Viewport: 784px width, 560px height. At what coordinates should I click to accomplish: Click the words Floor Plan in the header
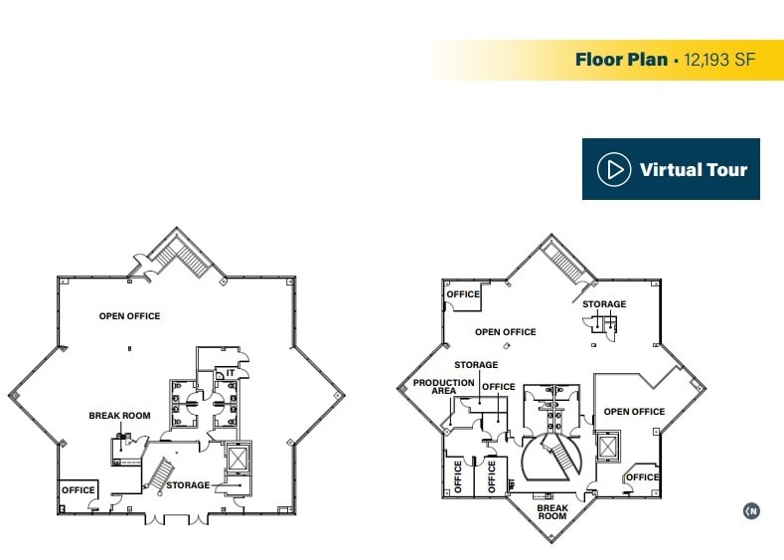pyautogui.click(x=622, y=60)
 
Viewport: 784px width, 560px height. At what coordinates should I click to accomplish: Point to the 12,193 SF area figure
pyautogui.click(x=719, y=60)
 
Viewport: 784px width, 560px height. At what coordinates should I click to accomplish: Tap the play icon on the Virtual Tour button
pyautogui.click(x=614, y=169)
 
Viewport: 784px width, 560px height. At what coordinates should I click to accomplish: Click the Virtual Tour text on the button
pyautogui.click(x=693, y=169)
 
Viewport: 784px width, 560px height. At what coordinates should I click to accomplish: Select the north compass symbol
pyautogui.click(x=752, y=511)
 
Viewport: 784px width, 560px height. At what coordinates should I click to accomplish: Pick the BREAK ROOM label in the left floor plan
pyautogui.click(x=119, y=416)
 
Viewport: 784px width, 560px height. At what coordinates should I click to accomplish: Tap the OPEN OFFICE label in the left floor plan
pyautogui.click(x=129, y=316)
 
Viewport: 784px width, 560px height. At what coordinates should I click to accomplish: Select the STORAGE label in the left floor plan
pyautogui.click(x=188, y=485)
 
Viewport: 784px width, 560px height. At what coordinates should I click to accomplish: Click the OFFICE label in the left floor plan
pyautogui.click(x=78, y=489)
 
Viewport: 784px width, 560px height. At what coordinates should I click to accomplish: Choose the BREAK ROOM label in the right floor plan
pyautogui.click(x=552, y=511)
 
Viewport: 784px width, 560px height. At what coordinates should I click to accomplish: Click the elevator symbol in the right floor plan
pyautogui.click(x=609, y=446)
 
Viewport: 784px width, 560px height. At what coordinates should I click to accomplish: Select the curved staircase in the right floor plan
pyautogui.click(x=552, y=460)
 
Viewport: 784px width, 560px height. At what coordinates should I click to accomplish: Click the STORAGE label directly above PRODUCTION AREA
pyautogui.click(x=476, y=365)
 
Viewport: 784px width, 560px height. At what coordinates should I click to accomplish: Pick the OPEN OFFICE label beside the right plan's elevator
pyautogui.click(x=634, y=412)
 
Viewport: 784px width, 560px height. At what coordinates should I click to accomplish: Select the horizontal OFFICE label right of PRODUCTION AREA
pyautogui.click(x=499, y=387)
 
